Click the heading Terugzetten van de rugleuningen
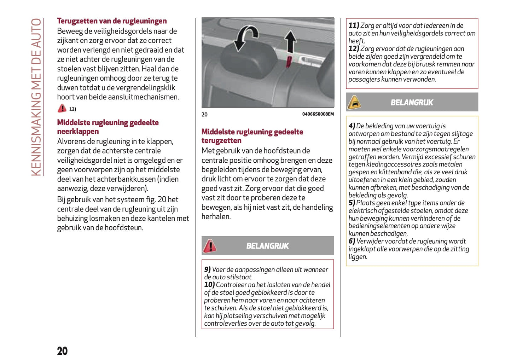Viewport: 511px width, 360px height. click(x=112, y=21)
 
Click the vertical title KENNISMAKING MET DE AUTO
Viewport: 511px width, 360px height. click(x=36, y=97)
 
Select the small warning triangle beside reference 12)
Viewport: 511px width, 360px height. click(x=62, y=108)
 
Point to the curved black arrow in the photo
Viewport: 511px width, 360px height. click(x=246, y=37)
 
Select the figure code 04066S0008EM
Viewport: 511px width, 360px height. click(x=318, y=114)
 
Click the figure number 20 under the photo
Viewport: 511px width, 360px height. click(x=204, y=114)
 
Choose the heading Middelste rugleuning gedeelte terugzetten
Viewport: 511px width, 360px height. click(x=252, y=136)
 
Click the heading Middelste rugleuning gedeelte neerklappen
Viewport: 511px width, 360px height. click(x=108, y=127)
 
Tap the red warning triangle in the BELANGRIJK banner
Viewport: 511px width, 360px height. click(x=210, y=246)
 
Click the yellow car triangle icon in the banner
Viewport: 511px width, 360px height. click(x=354, y=103)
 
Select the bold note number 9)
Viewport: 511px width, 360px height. click(x=207, y=269)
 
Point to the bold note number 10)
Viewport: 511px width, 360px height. click(x=209, y=285)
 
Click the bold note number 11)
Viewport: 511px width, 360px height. click(x=354, y=25)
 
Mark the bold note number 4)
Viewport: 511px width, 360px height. click(x=352, y=126)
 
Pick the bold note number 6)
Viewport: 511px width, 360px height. click(x=352, y=241)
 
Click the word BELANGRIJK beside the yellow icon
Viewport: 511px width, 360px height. click(x=412, y=103)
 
